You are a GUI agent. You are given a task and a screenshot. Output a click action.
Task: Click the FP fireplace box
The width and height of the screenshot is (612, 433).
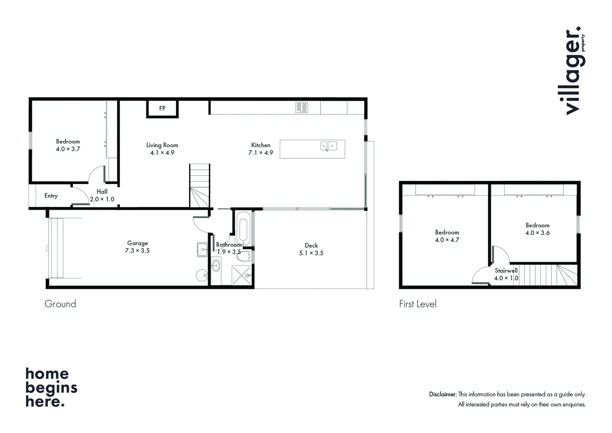coord(162,109)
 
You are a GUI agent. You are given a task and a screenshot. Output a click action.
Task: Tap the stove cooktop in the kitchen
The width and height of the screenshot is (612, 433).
coord(302,107)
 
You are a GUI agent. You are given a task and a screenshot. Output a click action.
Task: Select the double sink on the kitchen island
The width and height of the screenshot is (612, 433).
coord(328,146)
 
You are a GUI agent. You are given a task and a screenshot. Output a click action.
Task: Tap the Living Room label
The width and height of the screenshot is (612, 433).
coord(162,145)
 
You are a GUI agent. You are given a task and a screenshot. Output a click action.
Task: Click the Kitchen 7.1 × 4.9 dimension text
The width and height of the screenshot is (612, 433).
coord(261,153)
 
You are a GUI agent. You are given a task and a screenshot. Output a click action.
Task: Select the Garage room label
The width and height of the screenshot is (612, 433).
coord(137,243)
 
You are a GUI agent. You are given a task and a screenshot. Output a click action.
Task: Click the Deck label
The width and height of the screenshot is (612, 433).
coord(311,245)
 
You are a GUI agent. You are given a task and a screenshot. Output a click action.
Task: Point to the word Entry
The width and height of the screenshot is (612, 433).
coord(51,196)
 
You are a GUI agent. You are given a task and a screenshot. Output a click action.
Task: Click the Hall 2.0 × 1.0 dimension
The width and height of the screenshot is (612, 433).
coord(102,199)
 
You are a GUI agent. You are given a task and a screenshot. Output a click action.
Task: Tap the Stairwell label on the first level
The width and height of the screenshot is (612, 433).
coord(506,271)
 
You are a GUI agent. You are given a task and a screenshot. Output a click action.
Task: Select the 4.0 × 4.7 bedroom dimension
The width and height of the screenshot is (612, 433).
coord(447,240)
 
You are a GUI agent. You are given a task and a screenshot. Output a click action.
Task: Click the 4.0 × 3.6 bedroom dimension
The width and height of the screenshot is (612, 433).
coord(537,233)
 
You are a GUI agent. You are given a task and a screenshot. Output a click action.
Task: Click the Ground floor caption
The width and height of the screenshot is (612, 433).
coord(60,304)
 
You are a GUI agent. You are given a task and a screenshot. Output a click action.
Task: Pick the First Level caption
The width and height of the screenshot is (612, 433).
coord(418,304)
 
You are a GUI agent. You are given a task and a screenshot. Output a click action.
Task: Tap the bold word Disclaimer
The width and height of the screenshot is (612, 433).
coord(442,395)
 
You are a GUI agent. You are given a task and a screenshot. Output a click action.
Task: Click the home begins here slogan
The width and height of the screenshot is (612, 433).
coord(51,388)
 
